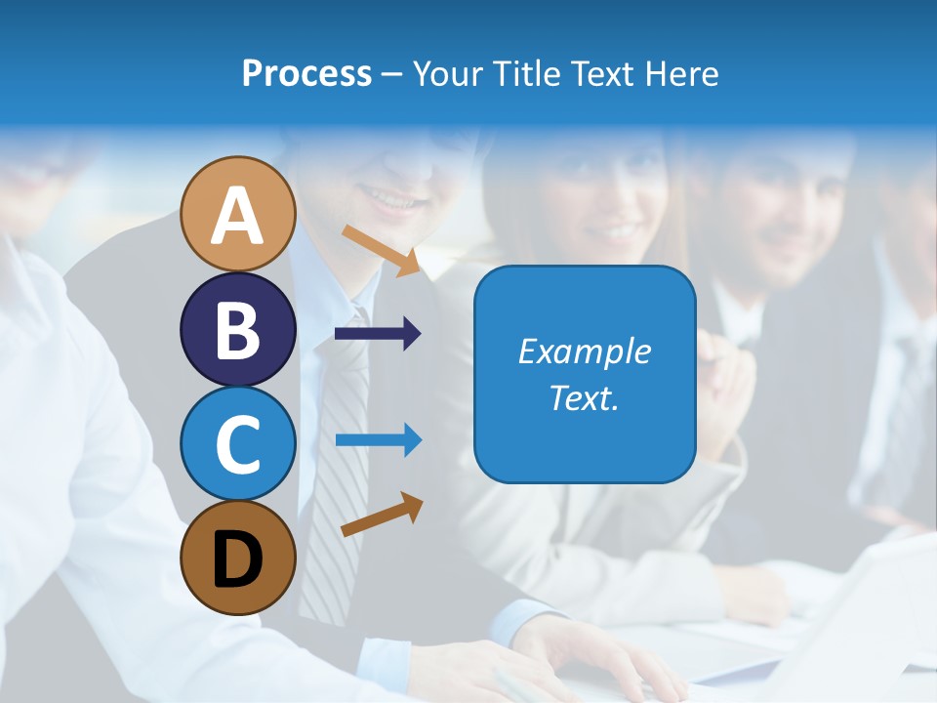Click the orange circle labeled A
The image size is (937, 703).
tap(237, 215)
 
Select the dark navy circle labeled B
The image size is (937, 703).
tap(237, 330)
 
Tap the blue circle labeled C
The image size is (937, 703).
tap(237, 444)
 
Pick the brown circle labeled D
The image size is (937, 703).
tap(237, 558)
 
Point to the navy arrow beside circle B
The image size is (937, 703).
tap(377, 334)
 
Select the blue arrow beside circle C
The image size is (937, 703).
tap(378, 440)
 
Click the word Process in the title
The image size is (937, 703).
tap(306, 73)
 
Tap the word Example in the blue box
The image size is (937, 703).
tap(584, 351)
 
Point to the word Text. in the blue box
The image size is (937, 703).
tap(584, 397)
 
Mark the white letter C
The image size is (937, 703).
tap(237, 445)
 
